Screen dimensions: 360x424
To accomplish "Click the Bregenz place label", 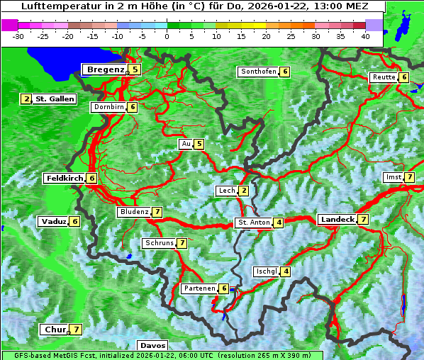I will pyautogui.click(x=106, y=69).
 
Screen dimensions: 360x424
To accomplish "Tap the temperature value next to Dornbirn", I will pyautogui.click(x=132, y=107).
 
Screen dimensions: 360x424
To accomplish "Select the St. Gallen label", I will pyautogui.click(x=55, y=99).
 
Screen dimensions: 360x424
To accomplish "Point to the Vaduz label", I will pyautogui.click(x=54, y=222).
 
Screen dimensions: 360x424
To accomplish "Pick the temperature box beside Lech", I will pyautogui.click(x=243, y=191).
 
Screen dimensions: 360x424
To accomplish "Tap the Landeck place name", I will pyautogui.click(x=337, y=220).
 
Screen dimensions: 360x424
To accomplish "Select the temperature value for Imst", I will pyautogui.click(x=409, y=177).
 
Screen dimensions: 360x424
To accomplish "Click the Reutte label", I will pyautogui.click(x=384, y=77).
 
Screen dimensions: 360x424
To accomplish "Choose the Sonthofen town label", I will pyautogui.click(x=259, y=72).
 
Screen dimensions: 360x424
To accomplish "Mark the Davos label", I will pyautogui.click(x=152, y=345).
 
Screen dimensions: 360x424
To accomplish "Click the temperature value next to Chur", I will pyautogui.click(x=75, y=330).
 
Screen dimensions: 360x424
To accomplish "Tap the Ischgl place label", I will pyautogui.click(x=266, y=271).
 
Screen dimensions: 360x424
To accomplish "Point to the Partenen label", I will pyautogui.click(x=199, y=288).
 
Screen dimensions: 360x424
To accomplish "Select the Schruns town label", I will pyautogui.click(x=159, y=243).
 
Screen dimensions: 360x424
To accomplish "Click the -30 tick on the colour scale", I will pyautogui.click(x=18, y=36).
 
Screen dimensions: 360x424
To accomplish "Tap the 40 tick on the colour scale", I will pyautogui.click(x=365, y=36).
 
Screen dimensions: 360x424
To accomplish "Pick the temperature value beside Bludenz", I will pyautogui.click(x=157, y=212).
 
